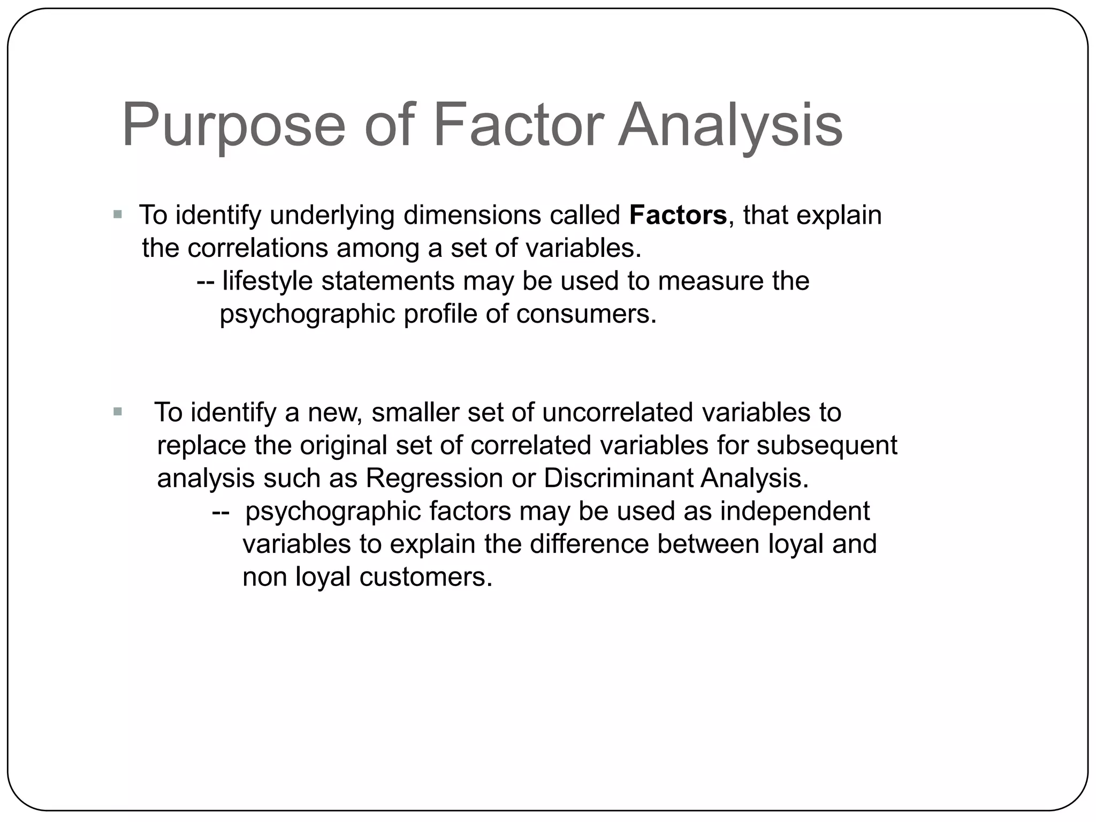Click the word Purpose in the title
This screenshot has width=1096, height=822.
(x=233, y=126)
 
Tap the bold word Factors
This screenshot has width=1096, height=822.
(x=678, y=215)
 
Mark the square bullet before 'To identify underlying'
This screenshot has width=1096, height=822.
(x=118, y=215)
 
